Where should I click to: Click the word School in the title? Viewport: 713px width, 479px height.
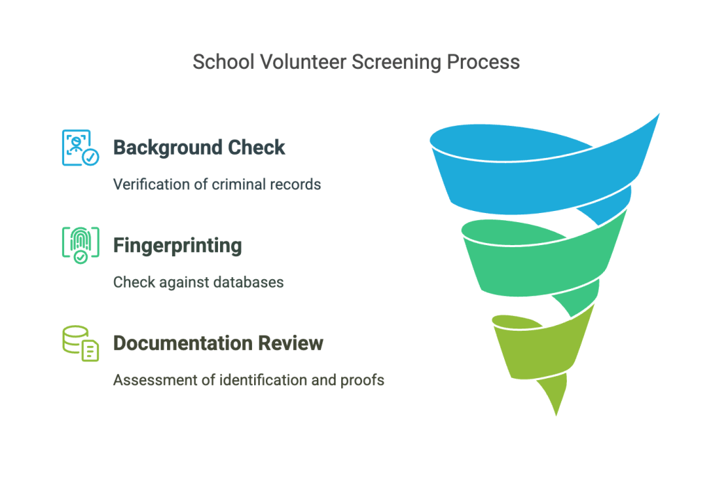tap(224, 62)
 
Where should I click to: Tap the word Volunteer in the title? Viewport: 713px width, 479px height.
tap(304, 62)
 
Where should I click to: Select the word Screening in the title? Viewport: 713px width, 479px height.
tap(396, 63)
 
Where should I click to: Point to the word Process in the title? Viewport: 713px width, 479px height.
tap(483, 62)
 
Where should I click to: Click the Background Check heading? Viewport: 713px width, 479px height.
tap(199, 148)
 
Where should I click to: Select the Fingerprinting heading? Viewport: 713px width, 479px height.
tap(178, 246)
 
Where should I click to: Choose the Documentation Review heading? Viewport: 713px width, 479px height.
tap(218, 343)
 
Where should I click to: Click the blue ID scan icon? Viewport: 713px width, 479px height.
tap(81, 148)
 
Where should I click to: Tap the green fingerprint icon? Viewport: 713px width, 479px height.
tap(81, 245)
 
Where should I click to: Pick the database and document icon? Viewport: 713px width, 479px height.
tap(81, 343)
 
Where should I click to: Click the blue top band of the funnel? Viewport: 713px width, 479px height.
tap(537, 182)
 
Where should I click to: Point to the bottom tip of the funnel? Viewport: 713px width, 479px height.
tap(556, 416)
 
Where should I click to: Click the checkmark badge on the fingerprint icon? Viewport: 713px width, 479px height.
tap(81, 257)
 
